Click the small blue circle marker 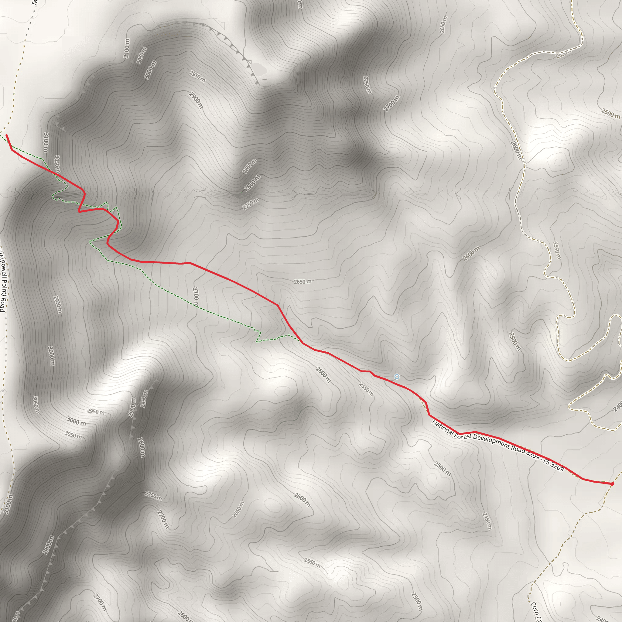pos(397,377)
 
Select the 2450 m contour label pos(487,521)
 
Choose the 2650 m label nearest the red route pos(302,282)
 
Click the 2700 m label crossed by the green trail pos(195,296)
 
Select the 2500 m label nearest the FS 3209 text pos(442,469)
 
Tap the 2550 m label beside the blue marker pos(366,389)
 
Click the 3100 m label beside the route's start pos(46,142)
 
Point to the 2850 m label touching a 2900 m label pos(144,399)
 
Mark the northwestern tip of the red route pos(6,135)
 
